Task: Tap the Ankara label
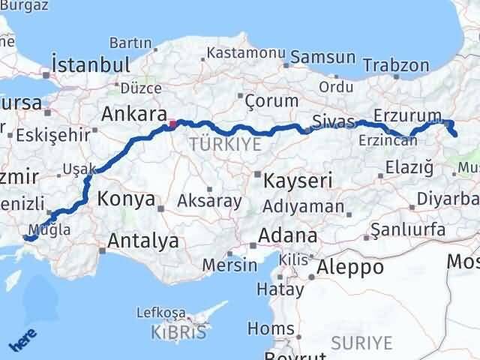(x=133, y=114)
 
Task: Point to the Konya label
(x=127, y=199)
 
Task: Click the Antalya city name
(x=143, y=241)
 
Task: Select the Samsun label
(x=322, y=57)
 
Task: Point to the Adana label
(x=287, y=235)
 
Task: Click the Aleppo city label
(x=350, y=266)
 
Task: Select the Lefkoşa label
(x=160, y=312)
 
